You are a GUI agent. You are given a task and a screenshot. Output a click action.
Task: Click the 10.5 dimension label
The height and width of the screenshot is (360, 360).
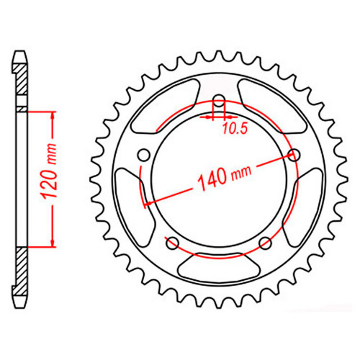point(235,128)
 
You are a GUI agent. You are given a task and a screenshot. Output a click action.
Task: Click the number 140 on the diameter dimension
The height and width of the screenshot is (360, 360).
point(212,179)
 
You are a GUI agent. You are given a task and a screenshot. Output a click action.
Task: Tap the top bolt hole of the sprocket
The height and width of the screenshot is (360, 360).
point(219,101)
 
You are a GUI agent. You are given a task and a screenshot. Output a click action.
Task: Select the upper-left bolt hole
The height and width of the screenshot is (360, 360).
point(144,155)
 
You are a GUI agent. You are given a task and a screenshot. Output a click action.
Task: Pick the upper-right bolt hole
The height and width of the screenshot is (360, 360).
point(294,156)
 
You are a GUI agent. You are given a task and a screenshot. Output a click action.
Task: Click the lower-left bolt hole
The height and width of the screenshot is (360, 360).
point(173,243)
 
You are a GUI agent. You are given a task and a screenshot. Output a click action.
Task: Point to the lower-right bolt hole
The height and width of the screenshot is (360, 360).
point(265,243)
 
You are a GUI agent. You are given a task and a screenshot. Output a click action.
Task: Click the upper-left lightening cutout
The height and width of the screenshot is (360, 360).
point(166,106)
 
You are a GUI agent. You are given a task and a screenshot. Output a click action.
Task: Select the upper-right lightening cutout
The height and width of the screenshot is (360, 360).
point(272,106)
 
